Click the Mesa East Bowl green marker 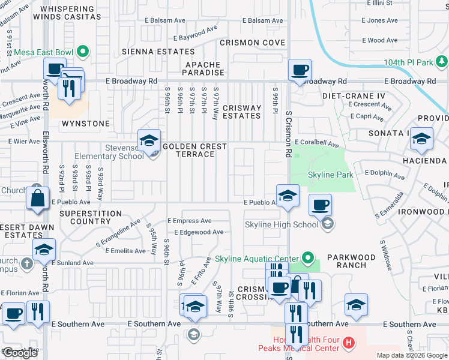coord(83,52)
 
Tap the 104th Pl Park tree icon coord(442,62)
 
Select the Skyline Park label coord(330,175)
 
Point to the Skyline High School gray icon coord(327,224)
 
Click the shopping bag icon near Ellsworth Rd coord(37,197)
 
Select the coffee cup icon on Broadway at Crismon coord(299,70)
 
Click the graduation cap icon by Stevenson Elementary coord(148,141)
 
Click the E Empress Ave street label coord(189,221)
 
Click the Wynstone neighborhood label coord(86,124)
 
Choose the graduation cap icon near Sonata coord(421,139)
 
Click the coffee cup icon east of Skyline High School coord(320,205)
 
